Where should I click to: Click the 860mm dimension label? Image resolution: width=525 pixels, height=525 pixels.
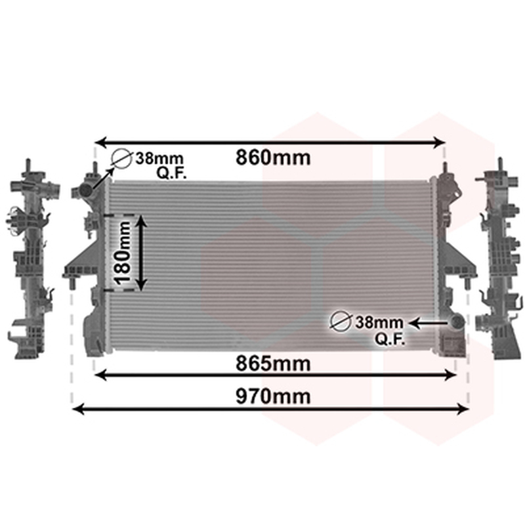273,157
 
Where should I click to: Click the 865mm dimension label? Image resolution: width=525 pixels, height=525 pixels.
273,364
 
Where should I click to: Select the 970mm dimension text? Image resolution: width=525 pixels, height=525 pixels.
273,396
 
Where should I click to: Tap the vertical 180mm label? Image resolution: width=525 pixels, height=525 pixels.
123,253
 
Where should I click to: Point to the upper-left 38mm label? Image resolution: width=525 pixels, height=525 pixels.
159,158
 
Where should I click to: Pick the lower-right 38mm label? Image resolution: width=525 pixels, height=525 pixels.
379,322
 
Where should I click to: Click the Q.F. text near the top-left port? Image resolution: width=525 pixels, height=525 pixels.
171,173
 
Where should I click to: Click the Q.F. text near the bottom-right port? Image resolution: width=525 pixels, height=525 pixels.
390,339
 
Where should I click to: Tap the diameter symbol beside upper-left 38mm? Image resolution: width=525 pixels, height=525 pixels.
121,158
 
